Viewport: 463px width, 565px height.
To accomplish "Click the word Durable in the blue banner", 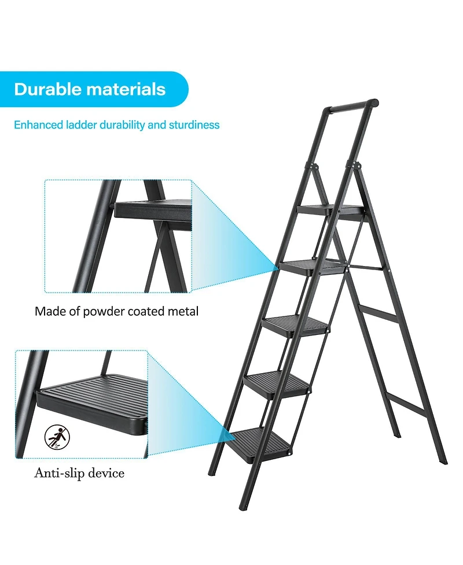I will point(47,90).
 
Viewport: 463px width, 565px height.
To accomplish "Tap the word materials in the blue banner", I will point(126,90).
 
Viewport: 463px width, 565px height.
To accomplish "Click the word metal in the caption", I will point(182,311).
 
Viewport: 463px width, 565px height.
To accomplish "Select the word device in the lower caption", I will point(108,473).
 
